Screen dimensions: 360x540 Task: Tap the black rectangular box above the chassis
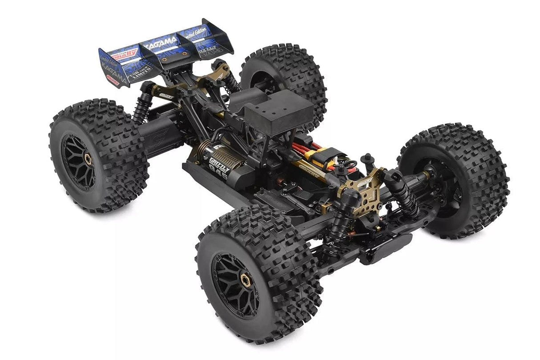click(x=278, y=111)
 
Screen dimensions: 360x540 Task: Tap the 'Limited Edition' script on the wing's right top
click(x=196, y=33)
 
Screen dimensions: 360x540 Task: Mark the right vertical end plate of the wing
click(x=218, y=38)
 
